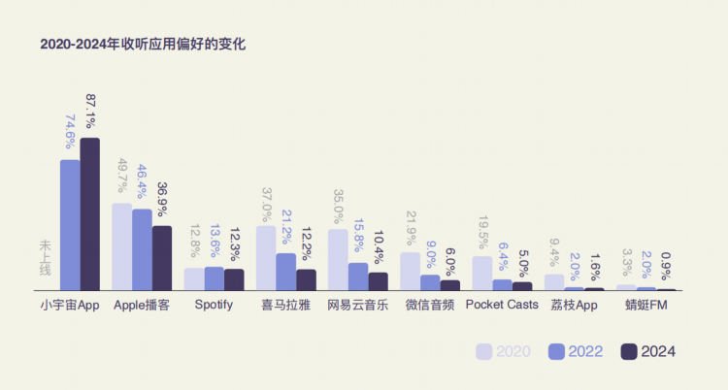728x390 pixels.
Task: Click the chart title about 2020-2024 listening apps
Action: coord(143,44)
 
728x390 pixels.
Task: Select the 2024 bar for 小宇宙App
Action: coord(89,213)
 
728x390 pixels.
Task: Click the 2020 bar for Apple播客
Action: coord(121,246)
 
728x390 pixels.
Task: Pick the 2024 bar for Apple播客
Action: coord(161,258)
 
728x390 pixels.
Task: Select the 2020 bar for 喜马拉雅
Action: coord(266,258)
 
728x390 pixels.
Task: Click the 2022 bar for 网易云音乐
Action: coord(358,276)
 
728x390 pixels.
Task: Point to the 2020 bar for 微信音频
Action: coord(410,272)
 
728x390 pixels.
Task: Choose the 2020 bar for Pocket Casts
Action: coord(481,274)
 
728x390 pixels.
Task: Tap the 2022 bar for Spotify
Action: coord(214,278)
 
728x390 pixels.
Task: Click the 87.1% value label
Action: coord(90,112)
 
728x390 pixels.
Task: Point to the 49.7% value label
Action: coord(122,178)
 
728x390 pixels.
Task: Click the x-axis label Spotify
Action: coord(214,305)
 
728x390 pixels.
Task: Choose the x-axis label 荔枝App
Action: coord(574,305)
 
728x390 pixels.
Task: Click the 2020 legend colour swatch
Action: coord(484,351)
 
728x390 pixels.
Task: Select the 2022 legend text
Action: coord(585,351)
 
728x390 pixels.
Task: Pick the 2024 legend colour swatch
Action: coord(628,351)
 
